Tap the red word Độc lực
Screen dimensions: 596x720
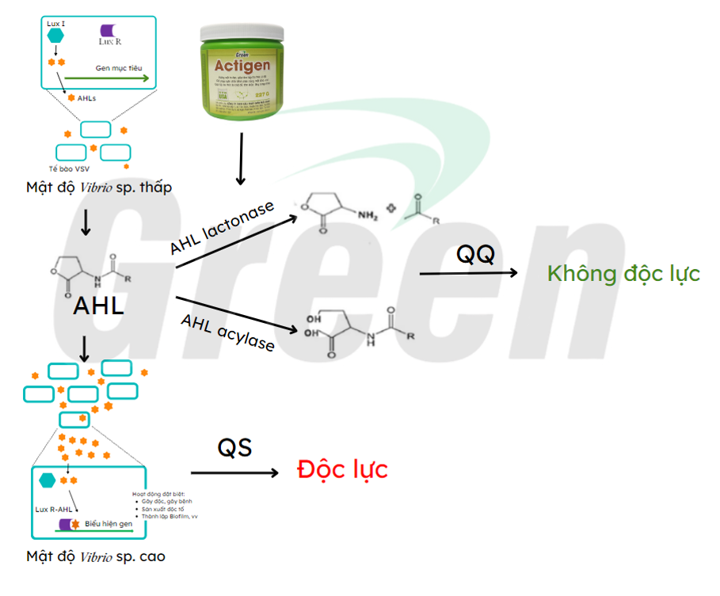pyautogui.click(x=342, y=469)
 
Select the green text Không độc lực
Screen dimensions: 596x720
pyautogui.click(x=623, y=274)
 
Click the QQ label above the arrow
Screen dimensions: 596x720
pyautogui.click(x=475, y=254)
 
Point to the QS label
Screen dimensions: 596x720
pyautogui.click(x=234, y=447)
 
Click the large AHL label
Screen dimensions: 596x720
pyautogui.click(x=98, y=306)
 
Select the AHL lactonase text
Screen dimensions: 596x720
pyautogui.click(x=222, y=228)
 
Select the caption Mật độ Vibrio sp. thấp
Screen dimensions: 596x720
pyautogui.click(x=98, y=187)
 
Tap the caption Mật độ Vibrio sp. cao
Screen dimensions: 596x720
pyautogui.click(x=95, y=556)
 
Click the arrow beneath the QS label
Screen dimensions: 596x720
pyautogui.click(x=235, y=473)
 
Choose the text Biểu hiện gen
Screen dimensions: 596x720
pyautogui.click(x=109, y=523)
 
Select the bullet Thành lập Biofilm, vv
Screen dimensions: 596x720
pyautogui.click(x=169, y=516)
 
